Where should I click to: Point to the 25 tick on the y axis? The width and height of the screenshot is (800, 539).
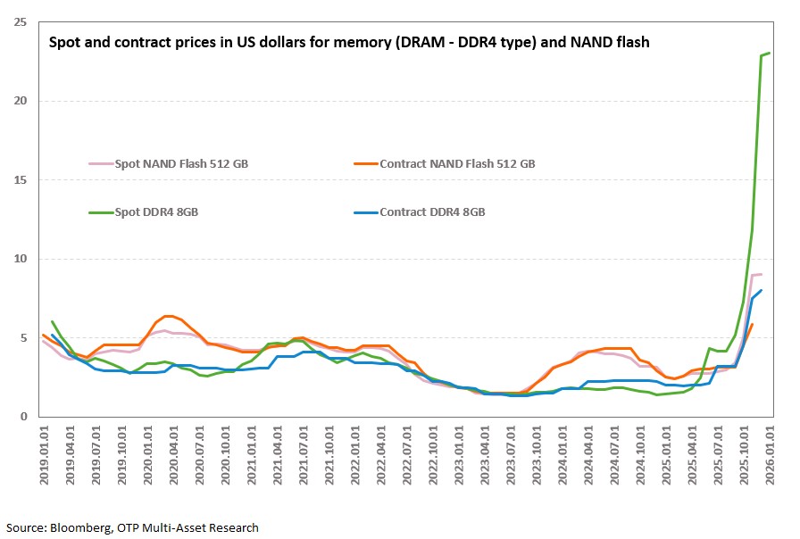pyautogui.click(x=19, y=21)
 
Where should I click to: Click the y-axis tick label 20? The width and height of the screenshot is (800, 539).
pyautogui.click(x=19, y=101)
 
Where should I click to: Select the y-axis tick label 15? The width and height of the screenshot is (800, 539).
pyautogui.click(x=19, y=180)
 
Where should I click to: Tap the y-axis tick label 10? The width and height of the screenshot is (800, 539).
pyautogui.click(x=19, y=259)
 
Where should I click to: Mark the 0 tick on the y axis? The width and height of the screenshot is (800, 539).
pyautogui.click(x=22, y=417)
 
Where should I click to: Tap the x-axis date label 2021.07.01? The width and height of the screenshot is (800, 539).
pyautogui.click(x=304, y=455)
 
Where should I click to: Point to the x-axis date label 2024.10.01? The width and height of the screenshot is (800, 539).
pyautogui.click(x=640, y=455)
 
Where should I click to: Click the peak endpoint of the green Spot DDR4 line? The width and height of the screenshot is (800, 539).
pyautogui.click(x=770, y=54)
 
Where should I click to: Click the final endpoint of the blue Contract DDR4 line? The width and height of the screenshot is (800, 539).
pyautogui.click(x=762, y=290)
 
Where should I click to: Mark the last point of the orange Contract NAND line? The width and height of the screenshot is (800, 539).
pyautogui.click(x=753, y=324)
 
